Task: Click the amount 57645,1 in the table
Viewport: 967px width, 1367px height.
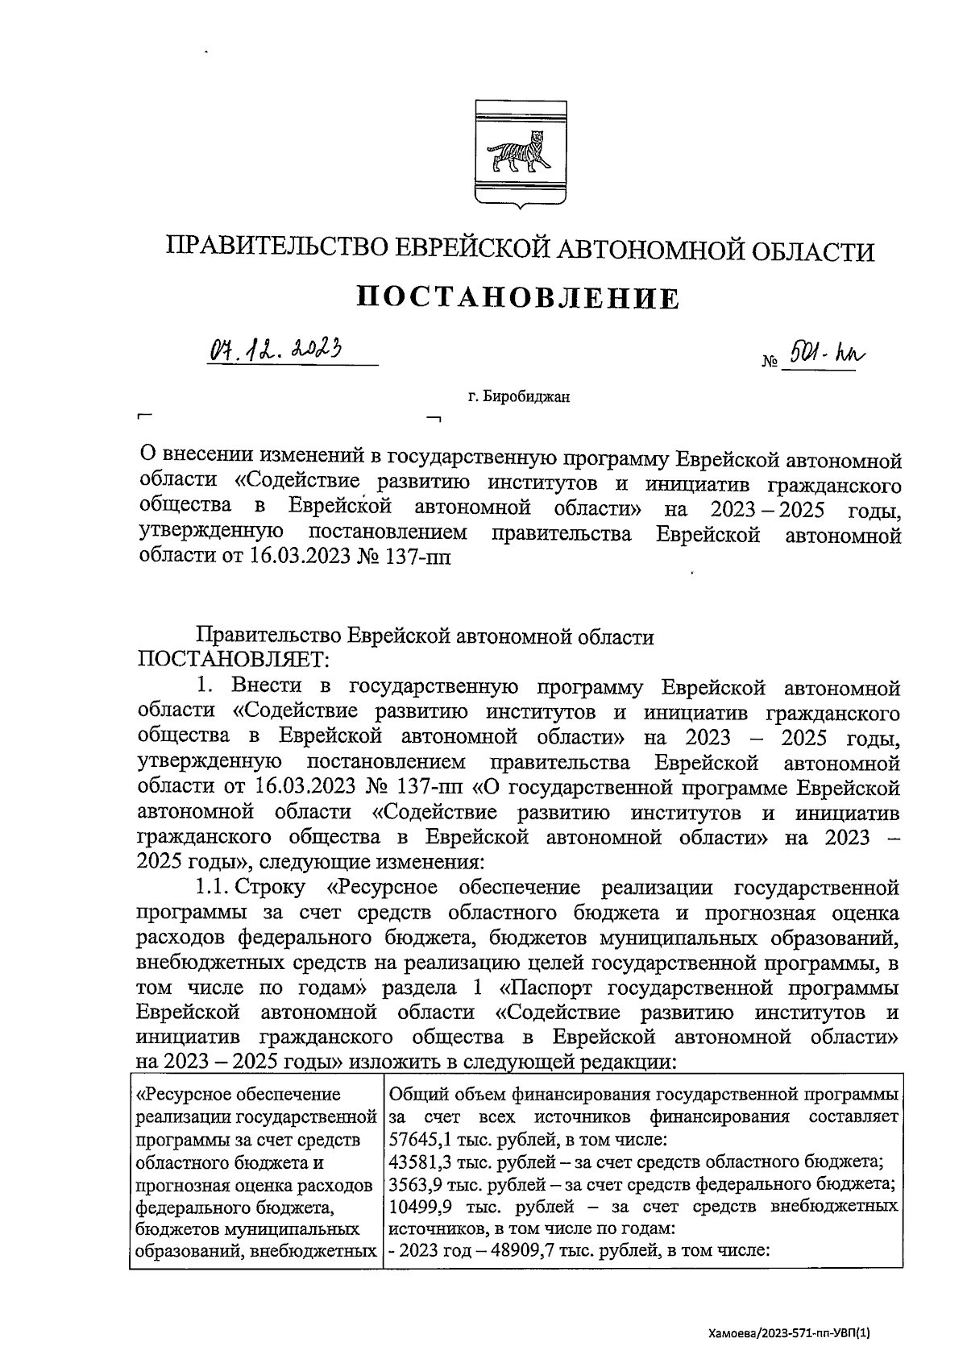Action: tap(416, 1141)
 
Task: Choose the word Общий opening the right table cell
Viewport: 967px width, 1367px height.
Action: tap(417, 1096)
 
